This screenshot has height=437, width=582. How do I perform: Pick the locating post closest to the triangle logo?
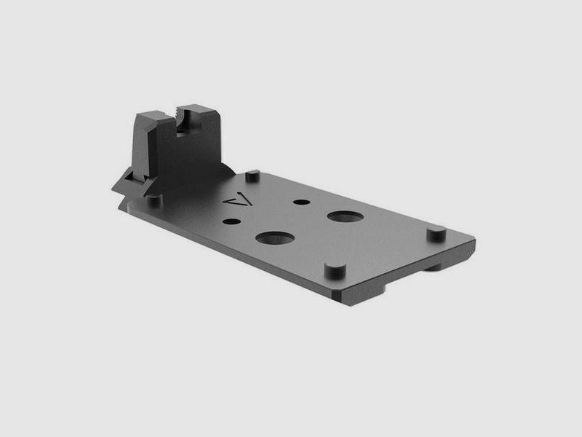(252, 176)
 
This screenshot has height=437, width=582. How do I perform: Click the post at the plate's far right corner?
(435, 234)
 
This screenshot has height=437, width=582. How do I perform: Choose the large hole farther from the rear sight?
(345, 216)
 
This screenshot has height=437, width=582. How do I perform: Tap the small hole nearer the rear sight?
(231, 221)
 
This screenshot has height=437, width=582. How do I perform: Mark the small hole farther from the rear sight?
(300, 202)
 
